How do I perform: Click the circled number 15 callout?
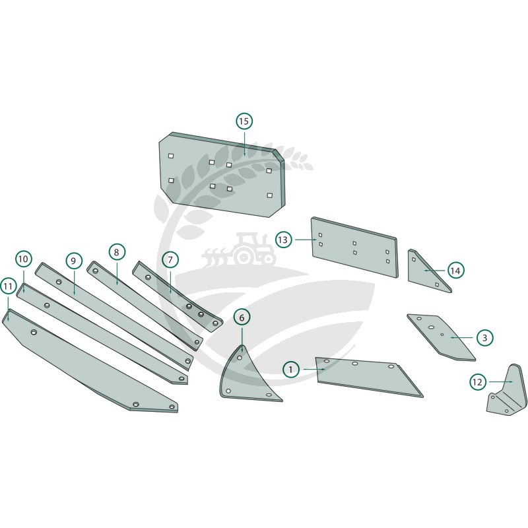click(x=244, y=121)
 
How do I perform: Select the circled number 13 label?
click(x=283, y=240)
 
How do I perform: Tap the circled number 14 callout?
click(x=455, y=271)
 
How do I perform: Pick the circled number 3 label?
click(x=485, y=337)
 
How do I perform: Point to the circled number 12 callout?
click(x=477, y=382)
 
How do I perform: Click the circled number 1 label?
click(x=290, y=370)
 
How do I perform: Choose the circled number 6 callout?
click(x=242, y=317)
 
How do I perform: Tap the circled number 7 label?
click(x=170, y=259)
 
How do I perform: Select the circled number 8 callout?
click(x=117, y=252)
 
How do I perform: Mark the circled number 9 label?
click(x=74, y=261)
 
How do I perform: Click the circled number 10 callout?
click(x=24, y=259)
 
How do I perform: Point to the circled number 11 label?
click(x=8, y=286)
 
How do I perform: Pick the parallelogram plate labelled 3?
click(x=441, y=337)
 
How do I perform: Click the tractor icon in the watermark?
click(x=240, y=249)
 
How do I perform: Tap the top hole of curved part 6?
click(x=240, y=358)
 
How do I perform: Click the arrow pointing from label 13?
click(x=306, y=240)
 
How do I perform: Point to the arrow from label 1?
click(x=314, y=370)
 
